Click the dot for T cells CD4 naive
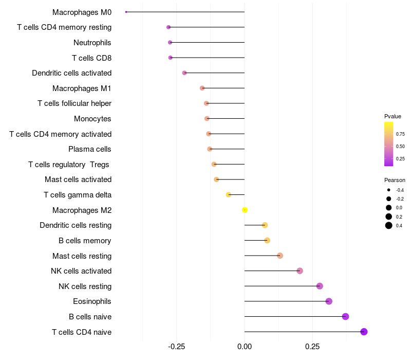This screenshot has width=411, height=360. click(x=364, y=332)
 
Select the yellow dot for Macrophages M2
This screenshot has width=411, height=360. click(x=245, y=210)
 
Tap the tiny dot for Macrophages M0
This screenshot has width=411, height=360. click(x=126, y=12)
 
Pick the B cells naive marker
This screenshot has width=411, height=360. click(x=345, y=316)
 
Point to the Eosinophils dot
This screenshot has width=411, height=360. click(x=329, y=301)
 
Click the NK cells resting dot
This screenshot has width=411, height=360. click(x=320, y=286)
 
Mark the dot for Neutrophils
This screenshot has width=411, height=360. click(x=170, y=42)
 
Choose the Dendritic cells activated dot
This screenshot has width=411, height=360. click(x=184, y=73)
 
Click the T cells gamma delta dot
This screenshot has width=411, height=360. click(x=229, y=194)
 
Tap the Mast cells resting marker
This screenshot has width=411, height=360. click(x=280, y=256)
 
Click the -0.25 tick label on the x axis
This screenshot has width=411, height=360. click(x=176, y=347)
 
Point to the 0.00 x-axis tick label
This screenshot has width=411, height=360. click(x=245, y=347)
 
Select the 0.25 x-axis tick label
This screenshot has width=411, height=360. click(x=312, y=347)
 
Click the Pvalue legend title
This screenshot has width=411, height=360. click(x=393, y=116)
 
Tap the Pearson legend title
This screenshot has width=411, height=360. click(x=395, y=181)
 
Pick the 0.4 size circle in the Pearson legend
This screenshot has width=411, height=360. click(x=389, y=225)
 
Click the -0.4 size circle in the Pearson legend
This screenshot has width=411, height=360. click(x=389, y=190)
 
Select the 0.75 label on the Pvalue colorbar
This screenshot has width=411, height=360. click(x=400, y=134)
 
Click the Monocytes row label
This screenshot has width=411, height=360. click(x=92, y=119)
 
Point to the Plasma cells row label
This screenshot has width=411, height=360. click(x=90, y=149)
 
